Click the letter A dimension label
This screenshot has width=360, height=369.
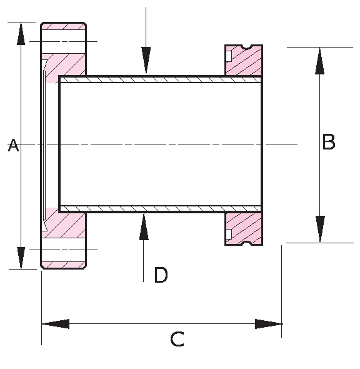click(x=14, y=146)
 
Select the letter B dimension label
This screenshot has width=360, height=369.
click(x=329, y=143)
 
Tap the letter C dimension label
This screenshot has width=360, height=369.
click(x=177, y=340)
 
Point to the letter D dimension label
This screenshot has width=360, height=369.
click(x=161, y=275)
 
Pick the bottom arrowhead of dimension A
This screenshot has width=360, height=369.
click(x=21, y=257)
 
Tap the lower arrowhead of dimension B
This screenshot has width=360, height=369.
click(x=320, y=229)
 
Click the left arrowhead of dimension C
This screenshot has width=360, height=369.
click(x=55, y=324)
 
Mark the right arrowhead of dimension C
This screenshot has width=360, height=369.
click(x=269, y=324)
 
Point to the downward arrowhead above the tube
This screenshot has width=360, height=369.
click(x=146, y=61)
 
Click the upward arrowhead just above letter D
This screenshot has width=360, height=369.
click(x=144, y=226)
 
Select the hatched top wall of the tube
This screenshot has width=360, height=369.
click(x=160, y=79)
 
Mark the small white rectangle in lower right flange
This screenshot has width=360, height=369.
click(x=229, y=234)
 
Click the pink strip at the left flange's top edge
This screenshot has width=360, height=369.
click(x=64, y=27)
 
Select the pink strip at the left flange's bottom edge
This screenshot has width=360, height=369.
click(x=64, y=265)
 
